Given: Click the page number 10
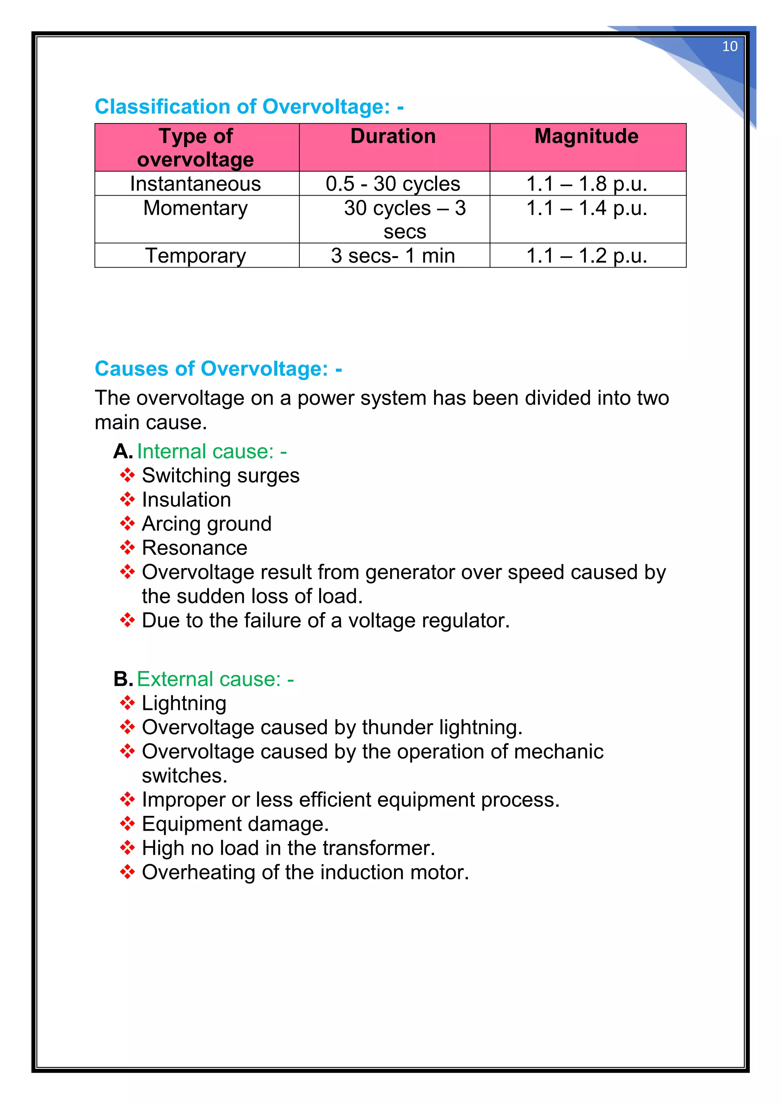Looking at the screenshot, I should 730,47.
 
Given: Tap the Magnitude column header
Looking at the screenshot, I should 587,136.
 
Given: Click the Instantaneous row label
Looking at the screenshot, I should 195,184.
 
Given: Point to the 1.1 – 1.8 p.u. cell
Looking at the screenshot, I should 587,184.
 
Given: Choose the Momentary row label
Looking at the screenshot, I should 195,208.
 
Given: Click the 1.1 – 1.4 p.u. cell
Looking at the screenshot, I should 587,208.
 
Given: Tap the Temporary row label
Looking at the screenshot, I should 195,255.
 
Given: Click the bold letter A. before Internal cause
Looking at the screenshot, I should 123,451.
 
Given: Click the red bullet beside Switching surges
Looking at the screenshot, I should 127,475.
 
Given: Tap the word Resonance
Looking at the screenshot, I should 195,548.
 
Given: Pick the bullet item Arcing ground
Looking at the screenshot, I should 207,524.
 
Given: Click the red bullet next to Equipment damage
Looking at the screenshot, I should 127,824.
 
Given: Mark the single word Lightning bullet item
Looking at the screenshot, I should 184,703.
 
